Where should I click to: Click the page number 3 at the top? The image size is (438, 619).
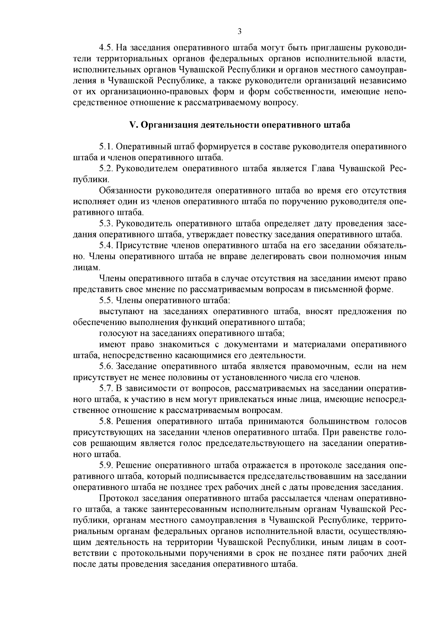click(239, 31)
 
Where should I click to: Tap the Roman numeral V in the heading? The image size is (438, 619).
click(133, 125)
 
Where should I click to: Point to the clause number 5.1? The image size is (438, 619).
click(107, 147)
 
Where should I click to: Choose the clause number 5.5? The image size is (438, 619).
click(107, 301)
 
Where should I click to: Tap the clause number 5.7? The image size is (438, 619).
click(107, 388)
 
